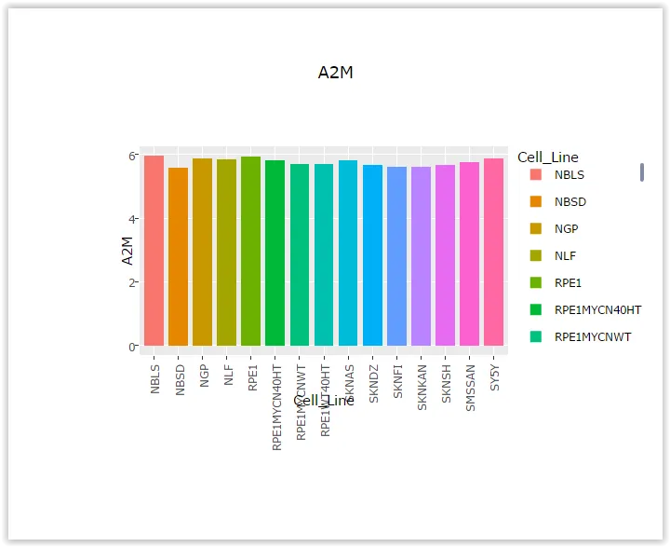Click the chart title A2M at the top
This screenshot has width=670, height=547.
tap(335, 74)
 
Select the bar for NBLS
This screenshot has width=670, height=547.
tap(154, 252)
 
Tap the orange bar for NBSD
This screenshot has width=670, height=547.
tap(178, 257)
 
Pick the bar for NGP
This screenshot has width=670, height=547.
tap(202, 253)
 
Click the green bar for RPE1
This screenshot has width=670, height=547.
tap(250, 252)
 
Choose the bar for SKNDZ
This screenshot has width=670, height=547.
tap(372, 255)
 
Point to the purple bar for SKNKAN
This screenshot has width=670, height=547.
tap(421, 256)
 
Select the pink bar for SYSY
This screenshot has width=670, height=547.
tap(493, 253)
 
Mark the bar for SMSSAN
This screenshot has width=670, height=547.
tap(469, 254)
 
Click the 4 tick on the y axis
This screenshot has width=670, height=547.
tap(133, 219)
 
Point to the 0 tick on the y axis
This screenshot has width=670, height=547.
tap(133, 347)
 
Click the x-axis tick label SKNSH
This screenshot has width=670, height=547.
tap(446, 383)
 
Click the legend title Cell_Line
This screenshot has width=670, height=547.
tap(548, 157)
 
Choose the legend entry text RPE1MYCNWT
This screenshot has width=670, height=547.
tap(592, 336)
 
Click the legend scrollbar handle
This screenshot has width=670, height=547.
tap(642, 172)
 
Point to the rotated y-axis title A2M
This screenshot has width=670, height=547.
tap(127, 251)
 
